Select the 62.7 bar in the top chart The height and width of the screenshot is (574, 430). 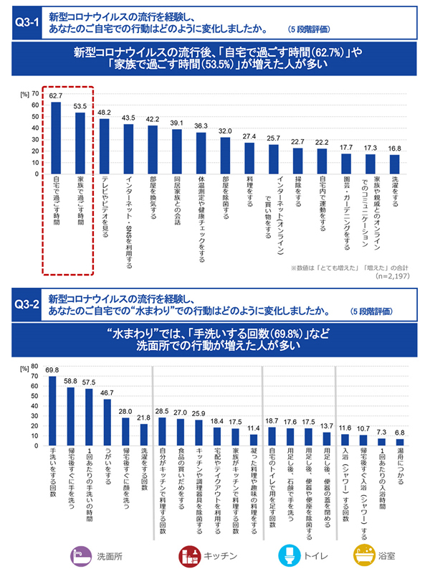point(55,138)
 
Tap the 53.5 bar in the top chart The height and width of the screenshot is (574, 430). point(80,143)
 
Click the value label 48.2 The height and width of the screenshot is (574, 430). point(104,113)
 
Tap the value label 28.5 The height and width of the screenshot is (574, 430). point(162,411)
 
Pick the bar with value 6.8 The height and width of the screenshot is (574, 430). point(400,442)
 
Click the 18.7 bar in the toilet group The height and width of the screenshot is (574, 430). point(272,436)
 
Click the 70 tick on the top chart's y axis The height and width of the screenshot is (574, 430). point(36,94)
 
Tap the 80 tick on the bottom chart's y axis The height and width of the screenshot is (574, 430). point(36,366)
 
